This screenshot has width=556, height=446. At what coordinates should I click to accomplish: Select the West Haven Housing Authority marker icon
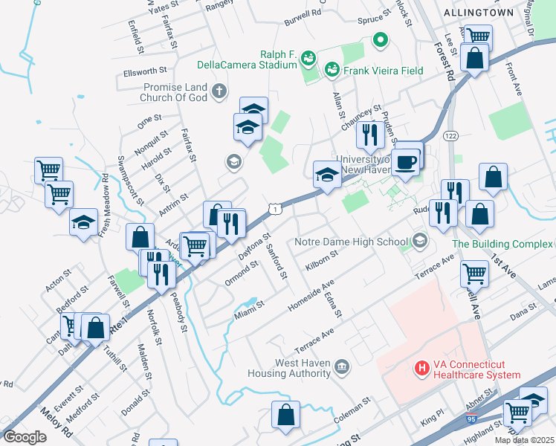pos(342,366)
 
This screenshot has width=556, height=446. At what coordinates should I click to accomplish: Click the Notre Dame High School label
pos(352,242)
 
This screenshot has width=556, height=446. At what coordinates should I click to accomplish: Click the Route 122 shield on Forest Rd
pos(450,136)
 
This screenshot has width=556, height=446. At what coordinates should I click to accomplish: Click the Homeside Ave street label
pos(311,293)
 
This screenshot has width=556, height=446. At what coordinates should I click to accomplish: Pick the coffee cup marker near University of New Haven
pos(406,161)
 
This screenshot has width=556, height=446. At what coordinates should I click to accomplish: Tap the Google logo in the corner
pos(25,437)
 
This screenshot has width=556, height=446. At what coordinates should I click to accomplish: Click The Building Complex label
pos(502,244)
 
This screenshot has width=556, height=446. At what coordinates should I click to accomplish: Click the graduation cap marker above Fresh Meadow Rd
pos(84,222)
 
